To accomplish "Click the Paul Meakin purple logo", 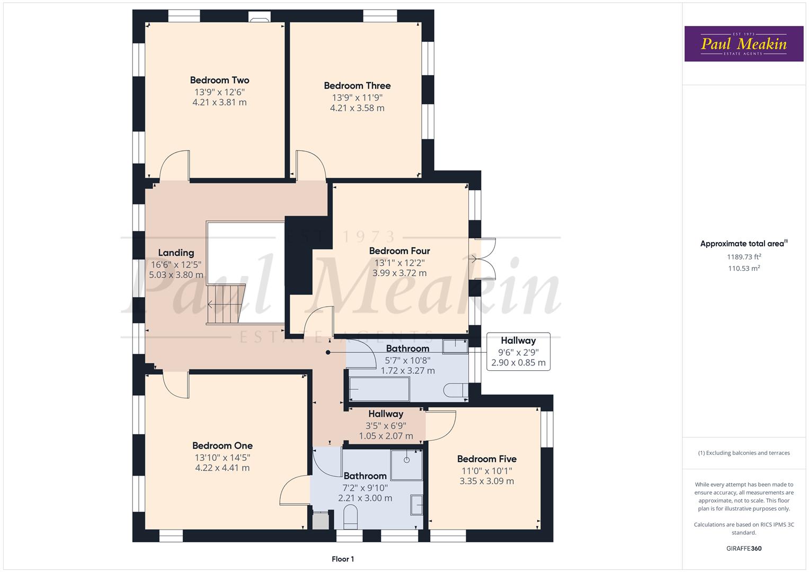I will [x=743, y=44].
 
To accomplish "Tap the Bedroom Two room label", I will [x=219, y=81].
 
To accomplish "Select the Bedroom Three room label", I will [x=357, y=86].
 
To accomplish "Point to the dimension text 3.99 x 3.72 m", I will [x=399, y=273].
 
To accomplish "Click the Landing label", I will [x=176, y=253].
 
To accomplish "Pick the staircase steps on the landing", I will [x=226, y=304].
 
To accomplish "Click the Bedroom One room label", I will [x=222, y=446].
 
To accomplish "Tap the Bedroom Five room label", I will [x=486, y=459].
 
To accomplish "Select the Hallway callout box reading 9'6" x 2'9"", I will [x=518, y=352].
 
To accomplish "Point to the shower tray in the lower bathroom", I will [x=406, y=464].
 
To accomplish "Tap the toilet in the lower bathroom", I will [x=351, y=516].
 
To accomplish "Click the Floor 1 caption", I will [x=342, y=559].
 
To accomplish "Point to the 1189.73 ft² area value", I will [x=744, y=257].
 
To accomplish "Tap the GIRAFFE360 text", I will [x=743, y=549].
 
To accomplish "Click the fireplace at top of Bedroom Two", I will [x=259, y=20].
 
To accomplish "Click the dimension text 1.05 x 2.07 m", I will [x=386, y=436].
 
